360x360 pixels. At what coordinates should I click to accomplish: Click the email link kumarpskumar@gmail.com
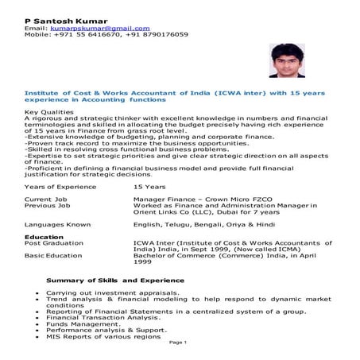pyautogui.click(x=99, y=28)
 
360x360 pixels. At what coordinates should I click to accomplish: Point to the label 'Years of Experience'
pyautogui.click(x=60, y=186)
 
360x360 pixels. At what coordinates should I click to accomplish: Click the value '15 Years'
pyautogui.click(x=149, y=186)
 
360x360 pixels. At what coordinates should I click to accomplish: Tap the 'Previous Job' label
pyautogui.click(x=48, y=206)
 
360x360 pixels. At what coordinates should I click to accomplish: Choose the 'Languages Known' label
pyautogui.click(x=58, y=225)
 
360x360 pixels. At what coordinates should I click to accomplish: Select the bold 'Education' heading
pyautogui.click(x=45, y=237)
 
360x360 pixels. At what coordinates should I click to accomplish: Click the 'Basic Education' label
pyautogui.click(x=53, y=256)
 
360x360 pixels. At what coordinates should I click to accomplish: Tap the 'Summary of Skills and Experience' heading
pyautogui.click(x=115, y=281)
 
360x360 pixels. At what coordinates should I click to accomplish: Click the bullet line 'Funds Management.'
pyautogui.click(x=83, y=323)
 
